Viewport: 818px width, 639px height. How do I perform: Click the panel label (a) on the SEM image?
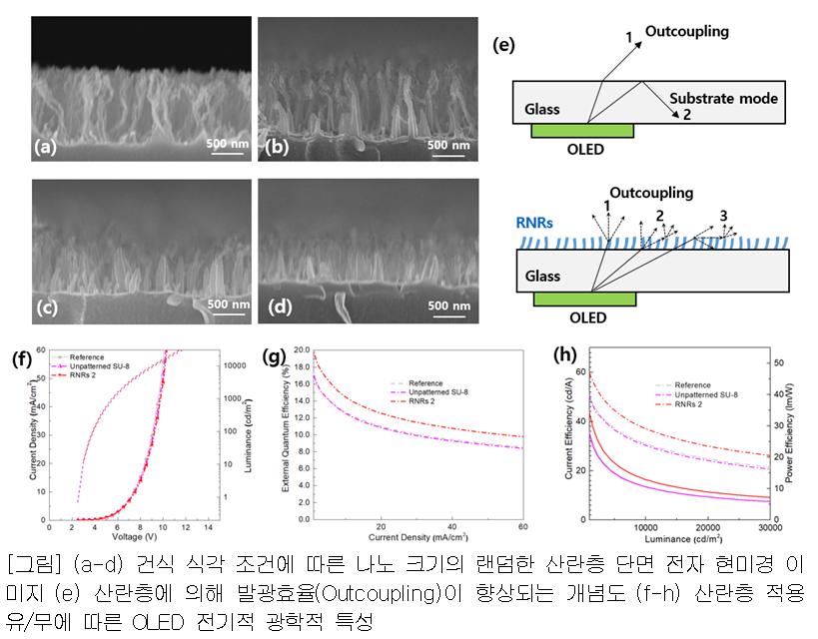(x=45, y=147)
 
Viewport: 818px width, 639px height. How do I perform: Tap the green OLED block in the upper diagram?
(x=581, y=131)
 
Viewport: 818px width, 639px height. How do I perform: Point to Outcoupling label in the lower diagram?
(x=650, y=194)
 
